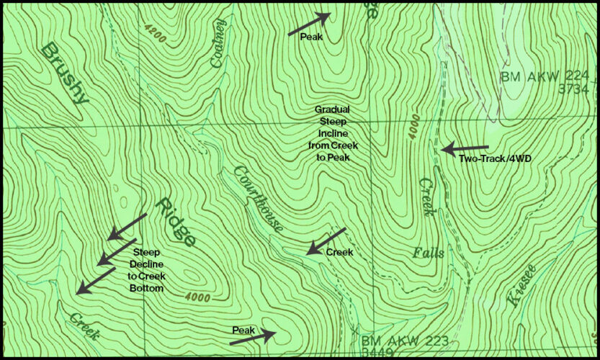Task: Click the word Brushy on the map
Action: [64, 73]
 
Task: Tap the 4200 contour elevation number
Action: [154, 32]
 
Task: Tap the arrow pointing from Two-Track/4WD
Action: [465, 149]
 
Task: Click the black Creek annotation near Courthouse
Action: [339, 253]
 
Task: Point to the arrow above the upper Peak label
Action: [309, 24]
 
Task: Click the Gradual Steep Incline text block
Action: [332, 133]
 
